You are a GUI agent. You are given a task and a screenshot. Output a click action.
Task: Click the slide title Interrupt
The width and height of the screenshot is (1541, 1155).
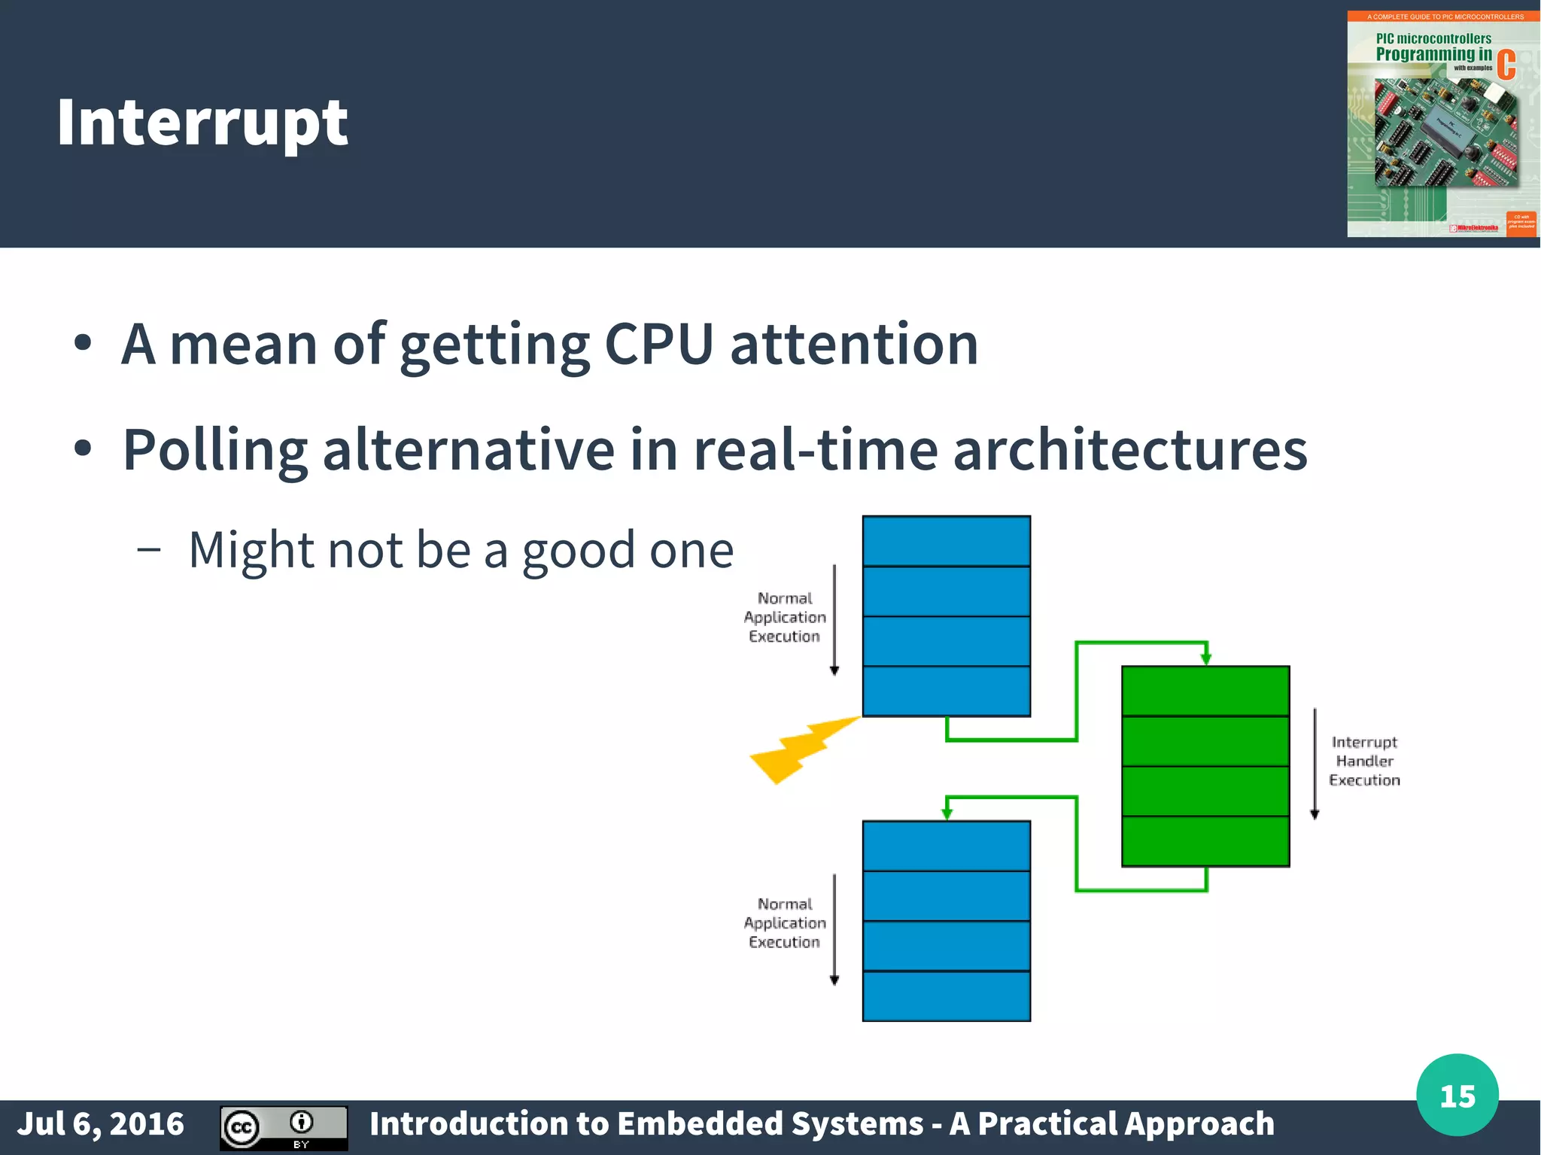[x=202, y=123]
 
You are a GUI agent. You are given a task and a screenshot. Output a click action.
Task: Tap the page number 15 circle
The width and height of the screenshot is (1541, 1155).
[x=1457, y=1096]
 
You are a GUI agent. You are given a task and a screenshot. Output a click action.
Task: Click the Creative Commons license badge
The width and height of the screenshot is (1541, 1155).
[x=284, y=1127]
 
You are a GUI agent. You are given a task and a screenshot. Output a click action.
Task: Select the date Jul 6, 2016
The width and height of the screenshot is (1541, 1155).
[x=100, y=1123]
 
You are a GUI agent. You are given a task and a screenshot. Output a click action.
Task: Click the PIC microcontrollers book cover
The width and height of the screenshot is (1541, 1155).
[x=1442, y=124]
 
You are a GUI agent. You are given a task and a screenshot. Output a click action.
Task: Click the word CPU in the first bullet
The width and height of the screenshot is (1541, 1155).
[x=658, y=345]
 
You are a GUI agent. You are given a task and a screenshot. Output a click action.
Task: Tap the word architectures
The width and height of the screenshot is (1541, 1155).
[x=1130, y=450]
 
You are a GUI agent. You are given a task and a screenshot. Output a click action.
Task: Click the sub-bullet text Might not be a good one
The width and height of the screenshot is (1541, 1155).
[x=460, y=549]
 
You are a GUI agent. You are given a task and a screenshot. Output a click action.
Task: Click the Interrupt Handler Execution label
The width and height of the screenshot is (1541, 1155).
[x=1364, y=761]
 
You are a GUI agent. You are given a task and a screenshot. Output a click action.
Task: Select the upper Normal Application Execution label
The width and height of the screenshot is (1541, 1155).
[x=785, y=617]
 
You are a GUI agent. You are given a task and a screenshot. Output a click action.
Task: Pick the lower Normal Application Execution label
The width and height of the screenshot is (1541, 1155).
[x=785, y=922]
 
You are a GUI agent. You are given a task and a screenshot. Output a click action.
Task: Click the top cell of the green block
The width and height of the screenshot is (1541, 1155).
[x=1205, y=691]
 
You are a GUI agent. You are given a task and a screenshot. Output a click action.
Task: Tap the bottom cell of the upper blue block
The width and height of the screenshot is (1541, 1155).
[x=946, y=691]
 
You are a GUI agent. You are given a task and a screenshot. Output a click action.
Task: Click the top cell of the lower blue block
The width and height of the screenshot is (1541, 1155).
[x=946, y=846]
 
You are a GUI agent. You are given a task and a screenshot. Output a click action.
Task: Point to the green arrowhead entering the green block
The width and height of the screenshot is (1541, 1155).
[x=1206, y=658]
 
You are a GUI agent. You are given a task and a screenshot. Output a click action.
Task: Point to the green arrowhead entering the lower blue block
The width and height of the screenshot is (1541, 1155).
[x=947, y=813]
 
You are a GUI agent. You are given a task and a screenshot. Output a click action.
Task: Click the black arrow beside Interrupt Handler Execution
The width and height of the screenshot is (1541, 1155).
[x=1315, y=763]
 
